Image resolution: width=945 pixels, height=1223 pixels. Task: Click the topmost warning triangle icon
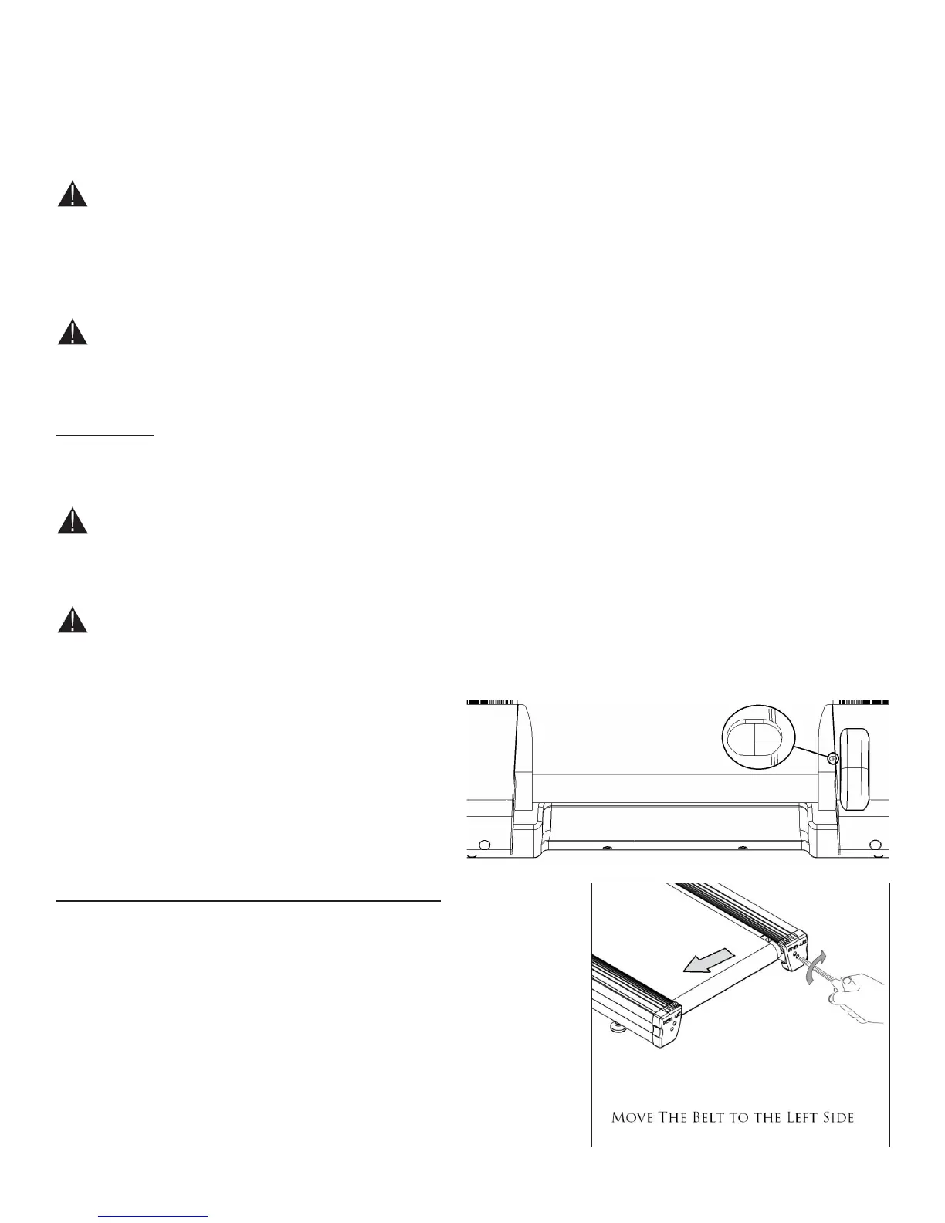pos(72,194)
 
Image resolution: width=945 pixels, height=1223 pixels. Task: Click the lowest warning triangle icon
pos(72,620)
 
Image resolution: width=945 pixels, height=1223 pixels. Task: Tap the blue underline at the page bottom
pos(154,1216)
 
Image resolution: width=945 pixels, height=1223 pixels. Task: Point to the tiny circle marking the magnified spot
pos(833,759)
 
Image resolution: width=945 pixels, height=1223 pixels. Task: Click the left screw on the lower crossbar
pos(606,848)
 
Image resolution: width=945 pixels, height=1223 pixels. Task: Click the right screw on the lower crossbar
pos(743,848)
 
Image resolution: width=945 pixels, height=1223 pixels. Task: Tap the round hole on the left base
pos(484,843)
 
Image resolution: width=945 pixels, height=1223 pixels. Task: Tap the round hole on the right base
pos(874,843)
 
